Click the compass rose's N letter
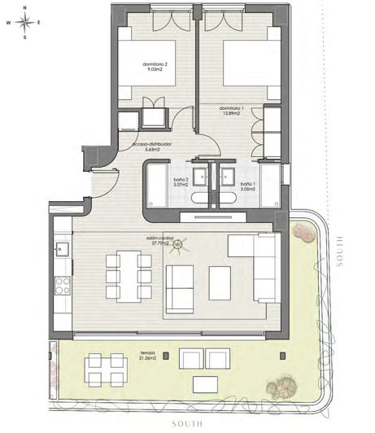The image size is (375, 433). (x=26, y=8)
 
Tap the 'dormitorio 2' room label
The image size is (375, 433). (x=155, y=64)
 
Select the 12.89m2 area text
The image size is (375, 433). (x=231, y=114)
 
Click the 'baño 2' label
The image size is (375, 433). (x=181, y=180)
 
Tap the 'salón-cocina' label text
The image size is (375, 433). (x=157, y=238)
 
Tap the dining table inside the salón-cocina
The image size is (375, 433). (x=129, y=276)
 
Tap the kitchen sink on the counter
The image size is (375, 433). (x=61, y=247)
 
